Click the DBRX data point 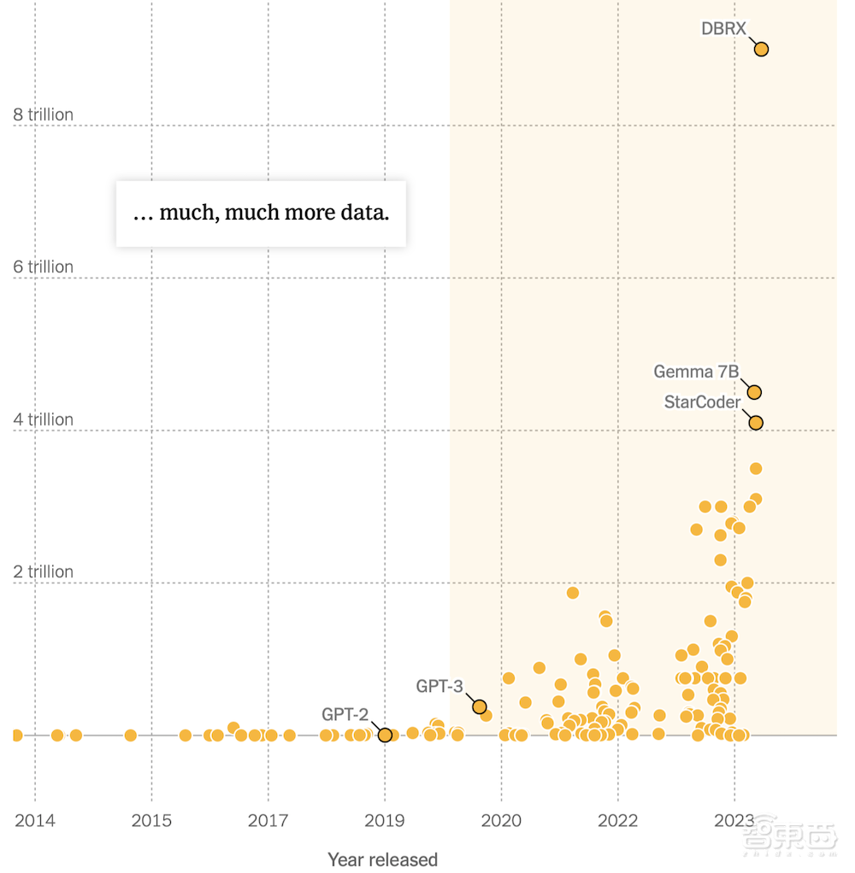(x=761, y=50)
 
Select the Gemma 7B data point (x=754, y=392)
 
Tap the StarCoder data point (x=756, y=422)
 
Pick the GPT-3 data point (x=480, y=706)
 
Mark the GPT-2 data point (x=385, y=735)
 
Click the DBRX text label (x=723, y=28)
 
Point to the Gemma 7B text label (x=695, y=372)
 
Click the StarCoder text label (x=702, y=401)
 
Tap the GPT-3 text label (x=439, y=686)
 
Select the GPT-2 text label (x=345, y=714)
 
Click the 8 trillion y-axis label (x=43, y=114)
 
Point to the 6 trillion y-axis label (x=43, y=267)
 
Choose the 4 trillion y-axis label (x=43, y=419)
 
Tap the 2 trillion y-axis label (x=43, y=571)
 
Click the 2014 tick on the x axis (x=34, y=822)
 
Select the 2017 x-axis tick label (x=268, y=822)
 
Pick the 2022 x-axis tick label (x=617, y=822)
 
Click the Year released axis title (x=382, y=859)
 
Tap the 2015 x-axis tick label (x=151, y=822)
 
